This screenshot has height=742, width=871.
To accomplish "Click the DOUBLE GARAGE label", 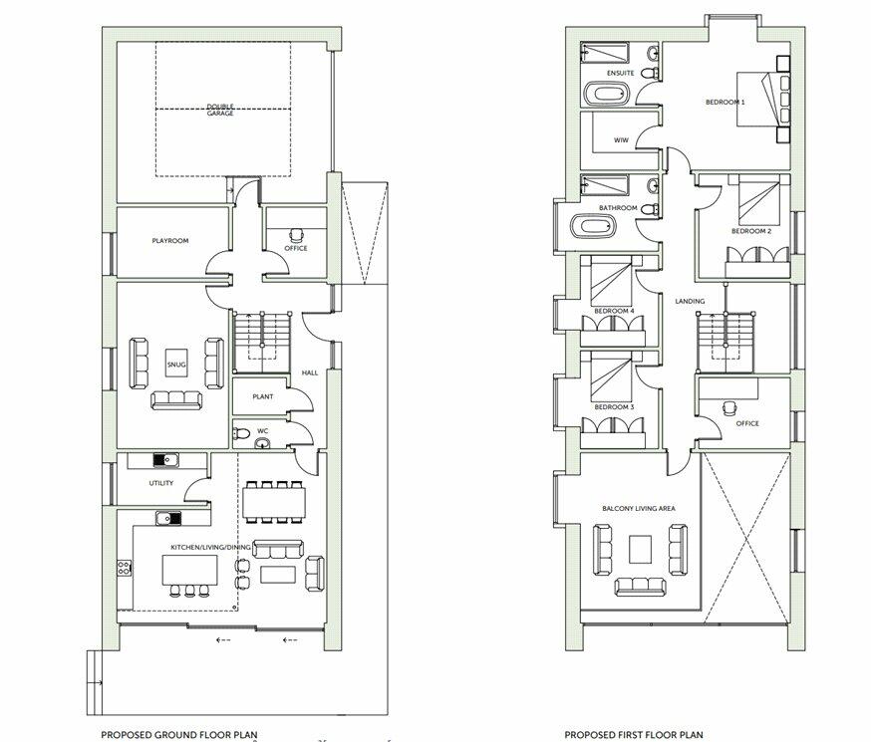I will click(x=220, y=111).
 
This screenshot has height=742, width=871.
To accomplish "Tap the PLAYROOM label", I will click(x=170, y=241).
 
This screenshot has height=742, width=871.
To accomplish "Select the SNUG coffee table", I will click(x=177, y=365).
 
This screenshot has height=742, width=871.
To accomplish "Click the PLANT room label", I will click(x=263, y=396).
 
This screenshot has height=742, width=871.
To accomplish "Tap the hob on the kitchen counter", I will click(x=125, y=568).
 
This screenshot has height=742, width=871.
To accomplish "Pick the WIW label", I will click(x=620, y=140).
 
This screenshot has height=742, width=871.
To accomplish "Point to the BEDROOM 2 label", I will click(x=750, y=231).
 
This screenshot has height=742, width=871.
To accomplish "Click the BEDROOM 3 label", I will click(x=614, y=407).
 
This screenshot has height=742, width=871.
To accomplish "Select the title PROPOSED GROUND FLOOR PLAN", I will click(x=178, y=735).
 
